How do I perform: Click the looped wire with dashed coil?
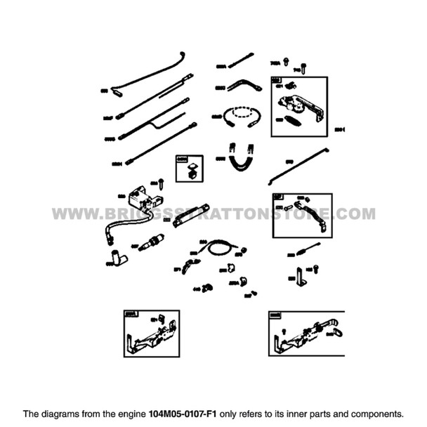241,116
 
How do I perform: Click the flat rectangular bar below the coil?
190,214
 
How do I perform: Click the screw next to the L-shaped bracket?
315,268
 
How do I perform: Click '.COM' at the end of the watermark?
355,213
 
